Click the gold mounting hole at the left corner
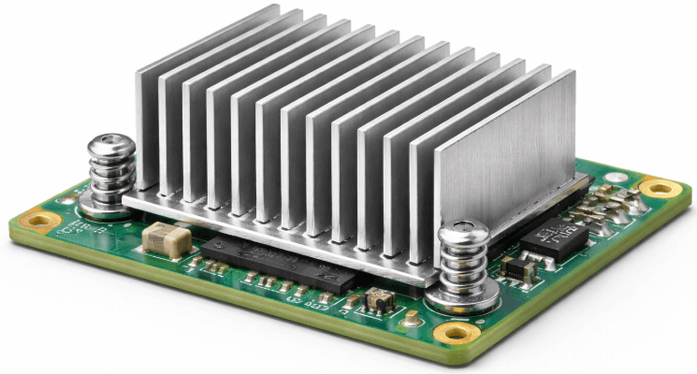coord(40,223)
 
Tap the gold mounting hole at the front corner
coord(457,333)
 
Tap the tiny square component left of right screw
coord(379,299)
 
